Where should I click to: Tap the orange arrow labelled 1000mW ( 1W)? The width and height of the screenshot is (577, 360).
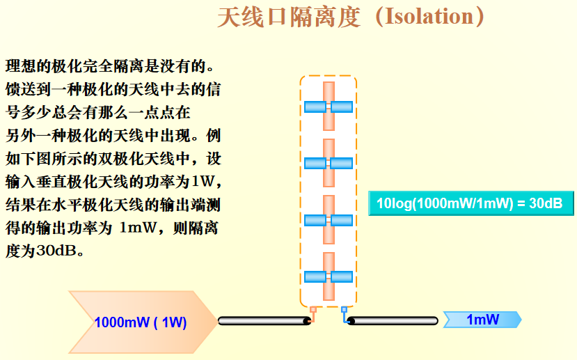click(140, 322)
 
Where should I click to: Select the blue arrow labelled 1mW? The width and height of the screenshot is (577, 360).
click(483, 320)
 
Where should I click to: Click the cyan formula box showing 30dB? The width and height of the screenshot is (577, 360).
click(470, 204)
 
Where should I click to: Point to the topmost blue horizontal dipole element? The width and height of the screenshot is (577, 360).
click(329, 107)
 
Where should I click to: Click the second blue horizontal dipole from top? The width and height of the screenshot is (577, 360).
click(329, 163)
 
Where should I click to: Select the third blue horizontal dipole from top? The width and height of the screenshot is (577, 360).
click(329, 220)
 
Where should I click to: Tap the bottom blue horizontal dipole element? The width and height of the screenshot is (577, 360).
click(329, 276)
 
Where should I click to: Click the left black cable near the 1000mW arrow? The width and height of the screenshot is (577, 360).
click(264, 321)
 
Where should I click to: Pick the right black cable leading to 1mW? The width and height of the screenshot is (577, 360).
click(393, 321)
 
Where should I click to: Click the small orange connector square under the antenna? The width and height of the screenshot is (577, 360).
click(313, 309)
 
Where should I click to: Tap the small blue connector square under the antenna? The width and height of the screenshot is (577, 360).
click(344, 309)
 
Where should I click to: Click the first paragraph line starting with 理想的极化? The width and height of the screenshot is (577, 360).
click(109, 67)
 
